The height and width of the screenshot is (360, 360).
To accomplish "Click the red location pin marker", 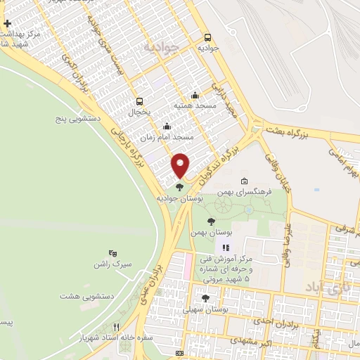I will (x=181, y=165).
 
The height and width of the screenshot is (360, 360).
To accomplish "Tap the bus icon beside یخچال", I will (x=139, y=101).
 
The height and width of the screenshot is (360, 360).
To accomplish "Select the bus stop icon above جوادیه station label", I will (x=207, y=38).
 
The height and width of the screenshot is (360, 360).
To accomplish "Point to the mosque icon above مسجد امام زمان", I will (x=167, y=127).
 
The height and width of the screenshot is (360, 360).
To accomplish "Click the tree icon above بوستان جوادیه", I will (x=180, y=187).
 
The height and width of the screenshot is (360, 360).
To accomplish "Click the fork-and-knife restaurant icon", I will (x=117, y=327).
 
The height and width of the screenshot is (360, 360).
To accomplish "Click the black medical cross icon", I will (x=7, y=24).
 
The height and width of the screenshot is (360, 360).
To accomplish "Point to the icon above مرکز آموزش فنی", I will (x=226, y=247).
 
